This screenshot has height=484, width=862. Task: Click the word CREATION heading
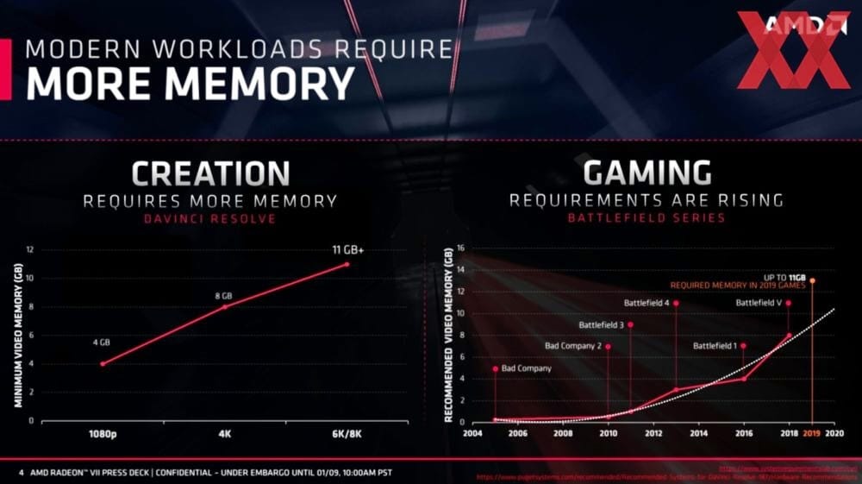click(x=210, y=174)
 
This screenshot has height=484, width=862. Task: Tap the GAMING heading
click(x=646, y=173)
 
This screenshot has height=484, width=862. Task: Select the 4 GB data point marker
click(x=103, y=364)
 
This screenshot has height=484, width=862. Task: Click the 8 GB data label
click(x=224, y=296)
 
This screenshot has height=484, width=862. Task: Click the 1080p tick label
click(x=103, y=434)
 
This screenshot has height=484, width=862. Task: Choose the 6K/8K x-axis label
click(x=347, y=434)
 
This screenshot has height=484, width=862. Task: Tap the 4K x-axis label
click(x=225, y=434)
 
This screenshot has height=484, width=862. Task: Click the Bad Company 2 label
click(x=573, y=347)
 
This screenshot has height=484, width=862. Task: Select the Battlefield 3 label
click(x=602, y=325)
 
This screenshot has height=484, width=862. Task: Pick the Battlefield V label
click(x=759, y=304)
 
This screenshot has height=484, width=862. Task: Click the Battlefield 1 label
click(x=715, y=347)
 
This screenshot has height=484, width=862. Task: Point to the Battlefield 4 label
click(x=646, y=304)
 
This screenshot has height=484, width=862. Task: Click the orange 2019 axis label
click(x=811, y=433)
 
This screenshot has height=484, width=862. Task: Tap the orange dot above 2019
click(x=811, y=280)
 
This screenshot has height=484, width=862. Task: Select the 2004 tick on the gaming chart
click(x=473, y=433)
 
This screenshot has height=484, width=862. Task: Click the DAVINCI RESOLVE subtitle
click(x=210, y=219)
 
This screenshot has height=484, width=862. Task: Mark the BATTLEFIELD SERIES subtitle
click(x=646, y=218)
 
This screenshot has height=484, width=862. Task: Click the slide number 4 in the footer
click(x=21, y=472)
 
